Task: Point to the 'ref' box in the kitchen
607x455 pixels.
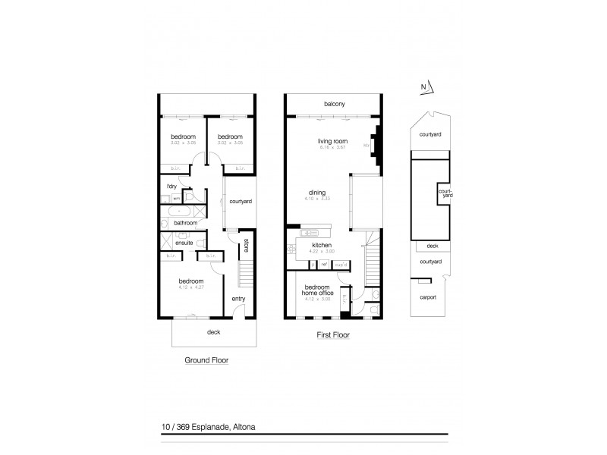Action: click(x=323, y=264)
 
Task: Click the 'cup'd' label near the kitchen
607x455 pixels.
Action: click(x=341, y=264)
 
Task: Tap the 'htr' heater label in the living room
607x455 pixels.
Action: click(x=366, y=146)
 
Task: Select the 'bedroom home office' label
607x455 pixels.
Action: click(x=317, y=291)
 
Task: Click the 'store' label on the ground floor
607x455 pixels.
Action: click(x=247, y=246)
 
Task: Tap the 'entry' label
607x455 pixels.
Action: click(x=238, y=299)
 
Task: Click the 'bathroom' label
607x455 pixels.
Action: click(x=186, y=223)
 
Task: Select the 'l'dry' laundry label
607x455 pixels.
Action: click(x=171, y=185)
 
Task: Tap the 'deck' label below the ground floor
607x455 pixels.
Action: click(x=214, y=331)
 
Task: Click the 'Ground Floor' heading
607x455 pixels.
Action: click(x=207, y=360)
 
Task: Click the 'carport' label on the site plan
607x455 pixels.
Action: click(x=428, y=297)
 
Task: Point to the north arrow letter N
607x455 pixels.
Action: click(x=423, y=86)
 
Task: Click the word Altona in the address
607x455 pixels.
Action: click(x=241, y=427)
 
